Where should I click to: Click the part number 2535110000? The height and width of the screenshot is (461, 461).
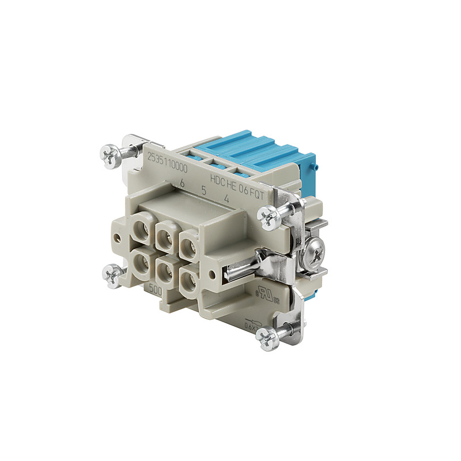[x=167, y=160]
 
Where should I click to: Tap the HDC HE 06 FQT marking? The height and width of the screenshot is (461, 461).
[x=237, y=182]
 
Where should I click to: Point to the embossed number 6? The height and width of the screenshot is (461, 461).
[x=182, y=183]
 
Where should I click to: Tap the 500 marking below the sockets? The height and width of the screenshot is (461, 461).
[x=155, y=290]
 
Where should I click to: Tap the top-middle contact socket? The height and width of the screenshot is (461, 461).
[x=164, y=235]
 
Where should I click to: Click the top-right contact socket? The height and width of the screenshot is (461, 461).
[x=187, y=245]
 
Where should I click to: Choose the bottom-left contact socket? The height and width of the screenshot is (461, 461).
[x=142, y=262]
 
